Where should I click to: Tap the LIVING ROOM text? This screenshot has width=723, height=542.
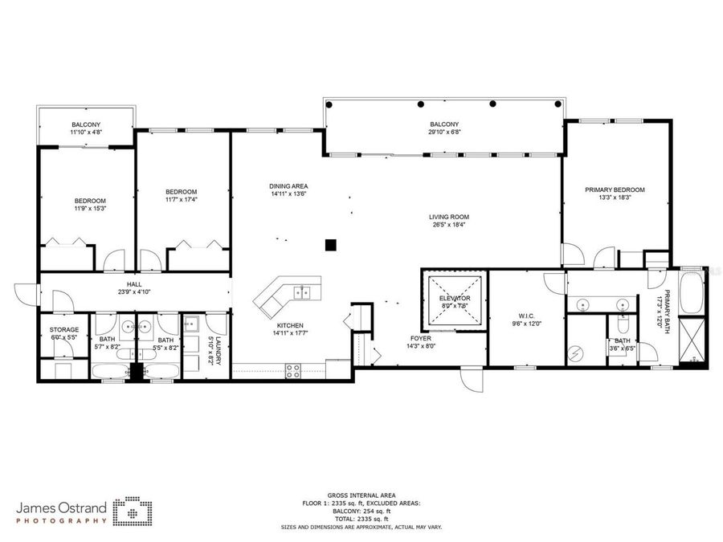coord(448,217)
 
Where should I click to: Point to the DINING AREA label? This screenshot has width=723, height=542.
coord(288,186)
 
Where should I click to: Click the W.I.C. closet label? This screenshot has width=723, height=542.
coord(528,316)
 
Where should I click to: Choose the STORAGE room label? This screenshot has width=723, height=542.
coord(63,329)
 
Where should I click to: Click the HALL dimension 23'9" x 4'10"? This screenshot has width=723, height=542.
coord(133,292)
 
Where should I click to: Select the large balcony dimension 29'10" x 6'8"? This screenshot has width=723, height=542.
coord(443,132)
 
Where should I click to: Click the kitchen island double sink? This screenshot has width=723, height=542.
coord(304,291)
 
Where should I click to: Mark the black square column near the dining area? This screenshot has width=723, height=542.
coord(330,245)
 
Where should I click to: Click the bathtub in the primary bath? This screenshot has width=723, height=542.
coord(691,294)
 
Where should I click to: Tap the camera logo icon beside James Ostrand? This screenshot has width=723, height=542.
coord(130,511)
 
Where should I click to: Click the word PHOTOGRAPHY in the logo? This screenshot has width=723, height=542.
coord(62,520)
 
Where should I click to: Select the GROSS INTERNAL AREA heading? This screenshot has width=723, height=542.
coord(361,495)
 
